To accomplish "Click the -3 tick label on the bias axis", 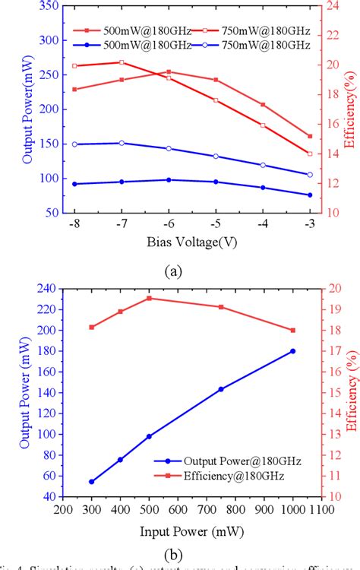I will click(309, 226).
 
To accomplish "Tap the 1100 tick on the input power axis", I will click(321, 510).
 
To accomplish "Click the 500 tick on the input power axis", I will click(149, 510).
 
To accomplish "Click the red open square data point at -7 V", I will click(122, 62).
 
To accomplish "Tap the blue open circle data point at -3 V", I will click(310, 175).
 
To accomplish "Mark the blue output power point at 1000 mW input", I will click(293, 351).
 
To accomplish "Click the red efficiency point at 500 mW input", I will click(149, 298).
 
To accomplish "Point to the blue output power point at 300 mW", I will click(92, 481).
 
